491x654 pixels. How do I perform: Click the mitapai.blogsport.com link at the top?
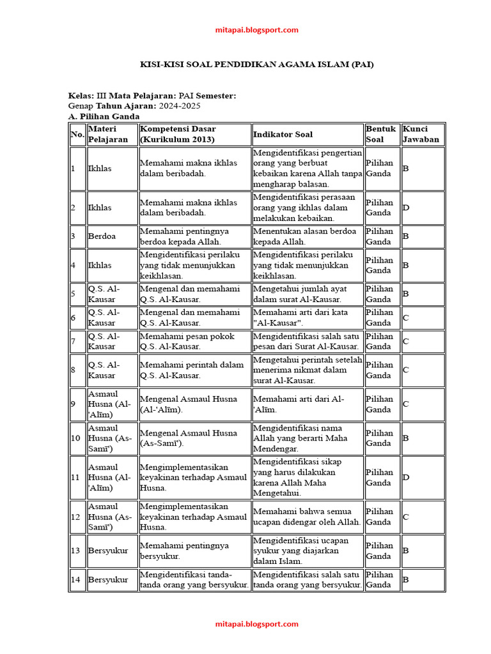[256, 30]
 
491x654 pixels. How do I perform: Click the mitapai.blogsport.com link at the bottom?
[256, 624]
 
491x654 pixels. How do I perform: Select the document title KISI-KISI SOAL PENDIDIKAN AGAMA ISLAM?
[256, 65]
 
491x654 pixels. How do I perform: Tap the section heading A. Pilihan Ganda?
[104, 117]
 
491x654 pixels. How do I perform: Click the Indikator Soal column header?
[283, 135]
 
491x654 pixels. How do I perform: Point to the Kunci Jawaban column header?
[421, 135]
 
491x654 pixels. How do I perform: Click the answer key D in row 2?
[405, 208]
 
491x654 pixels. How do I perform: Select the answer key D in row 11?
[405, 478]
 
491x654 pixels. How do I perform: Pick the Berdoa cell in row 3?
[100, 236]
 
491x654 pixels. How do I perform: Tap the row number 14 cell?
[75, 580]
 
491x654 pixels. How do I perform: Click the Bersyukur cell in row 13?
[108, 551]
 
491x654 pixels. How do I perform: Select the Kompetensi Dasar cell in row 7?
[194, 342]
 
